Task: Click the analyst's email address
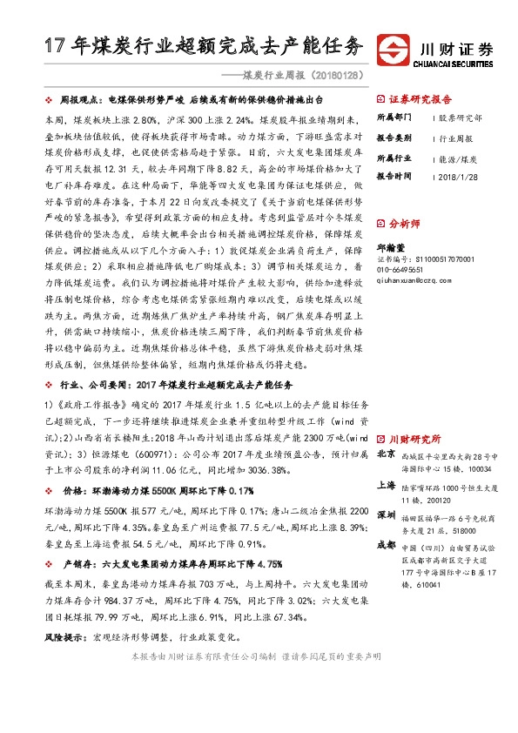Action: [x=412, y=280]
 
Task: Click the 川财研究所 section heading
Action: [x=414, y=439]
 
